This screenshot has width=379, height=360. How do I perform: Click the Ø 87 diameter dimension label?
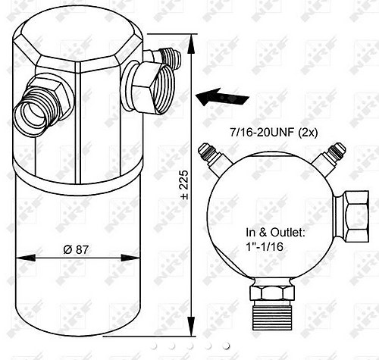(76, 249)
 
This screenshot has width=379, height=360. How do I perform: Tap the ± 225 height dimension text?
(185, 185)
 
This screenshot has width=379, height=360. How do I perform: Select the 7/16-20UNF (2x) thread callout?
(274, 132)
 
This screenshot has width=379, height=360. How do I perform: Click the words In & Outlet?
(276, 232)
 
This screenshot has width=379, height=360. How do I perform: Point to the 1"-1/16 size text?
(265, 246)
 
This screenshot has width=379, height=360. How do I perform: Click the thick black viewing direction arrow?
(222, 97)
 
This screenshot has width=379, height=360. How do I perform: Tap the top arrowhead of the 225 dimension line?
(191, 44)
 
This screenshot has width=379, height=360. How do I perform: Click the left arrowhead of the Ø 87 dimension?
(26, 258)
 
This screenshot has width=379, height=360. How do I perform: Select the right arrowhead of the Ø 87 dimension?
(130, 258)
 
